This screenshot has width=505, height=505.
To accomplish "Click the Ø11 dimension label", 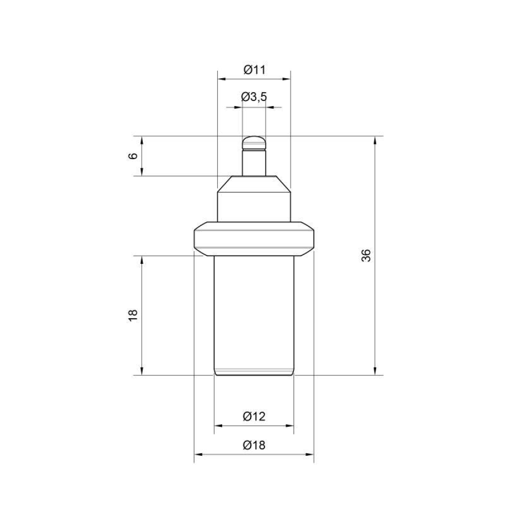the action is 254,70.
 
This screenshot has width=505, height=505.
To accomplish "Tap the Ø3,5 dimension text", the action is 254,97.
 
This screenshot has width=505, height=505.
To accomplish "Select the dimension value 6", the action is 133,156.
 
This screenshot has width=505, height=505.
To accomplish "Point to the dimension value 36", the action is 366,255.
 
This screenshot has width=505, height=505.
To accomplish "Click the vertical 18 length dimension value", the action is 133,316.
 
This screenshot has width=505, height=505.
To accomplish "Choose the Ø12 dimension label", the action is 254,417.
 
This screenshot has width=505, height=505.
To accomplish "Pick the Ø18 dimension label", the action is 254,445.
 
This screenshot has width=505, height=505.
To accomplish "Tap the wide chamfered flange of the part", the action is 254,239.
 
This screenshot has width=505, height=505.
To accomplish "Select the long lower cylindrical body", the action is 254,316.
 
